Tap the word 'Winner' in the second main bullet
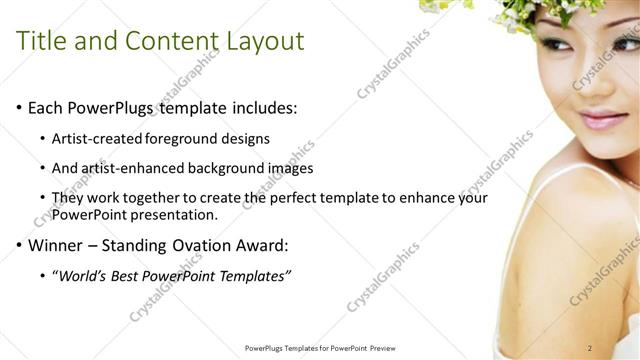[x=56, y=245]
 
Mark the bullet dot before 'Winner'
[x=19, y=245]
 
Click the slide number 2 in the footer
[x=590, y=348]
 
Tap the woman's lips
[x=602, y=120]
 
